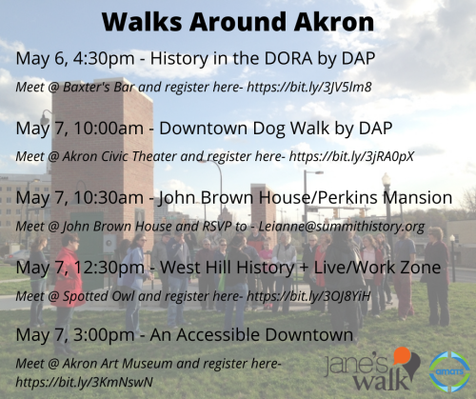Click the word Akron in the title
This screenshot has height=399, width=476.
(334, 22)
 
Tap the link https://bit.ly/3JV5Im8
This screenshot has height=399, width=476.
(309, 87)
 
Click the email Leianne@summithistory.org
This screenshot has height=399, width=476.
(342, 227)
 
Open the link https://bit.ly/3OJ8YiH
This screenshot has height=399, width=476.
(308, 296)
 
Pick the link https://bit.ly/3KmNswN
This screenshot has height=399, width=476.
(85, 382)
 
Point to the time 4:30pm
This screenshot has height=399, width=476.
(104, 59)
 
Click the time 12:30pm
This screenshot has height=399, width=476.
(109, 268)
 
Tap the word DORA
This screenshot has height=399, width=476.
(288, 58)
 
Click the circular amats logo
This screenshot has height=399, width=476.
(449, 371)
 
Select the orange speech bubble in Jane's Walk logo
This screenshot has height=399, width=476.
(403, 355)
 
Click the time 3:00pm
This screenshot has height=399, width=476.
(104, 335)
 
